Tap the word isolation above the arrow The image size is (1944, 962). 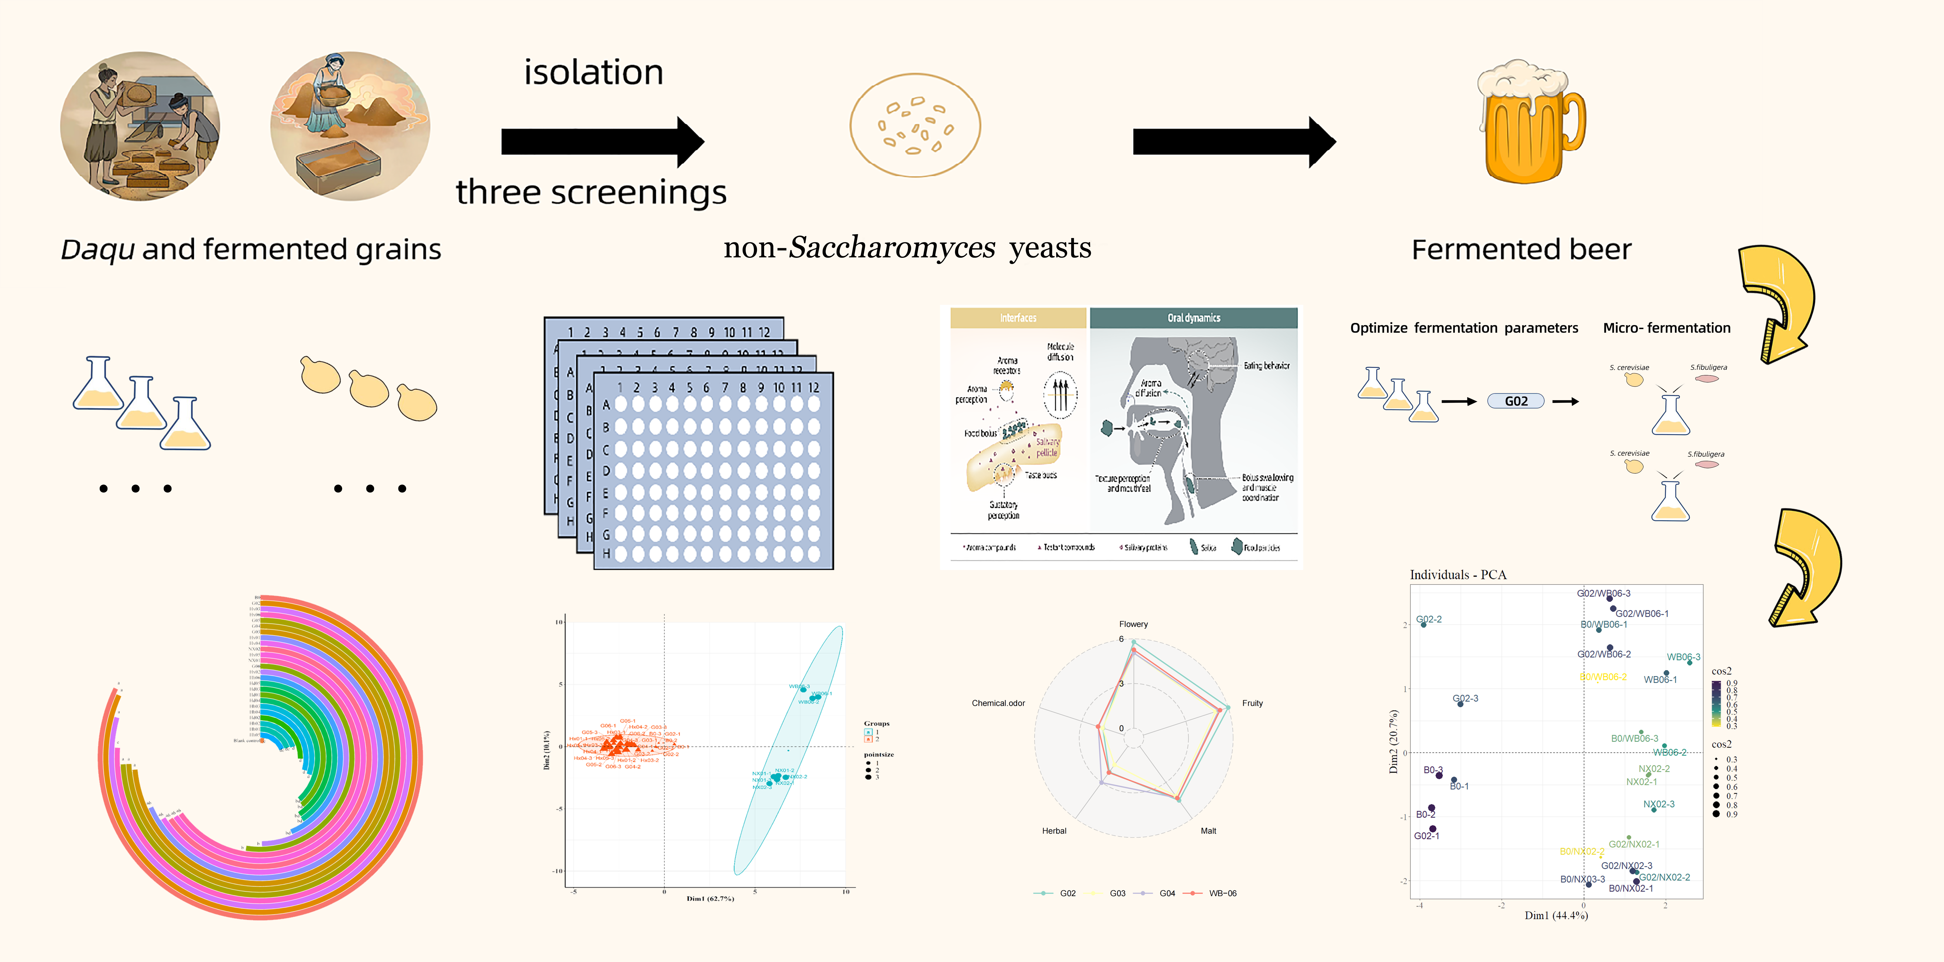(593, 73)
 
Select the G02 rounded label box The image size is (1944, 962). (1515, 401)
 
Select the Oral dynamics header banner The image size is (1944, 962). (1193, 318)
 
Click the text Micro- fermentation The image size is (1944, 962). (1666, 328)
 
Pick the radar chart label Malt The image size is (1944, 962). (1208, 831)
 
